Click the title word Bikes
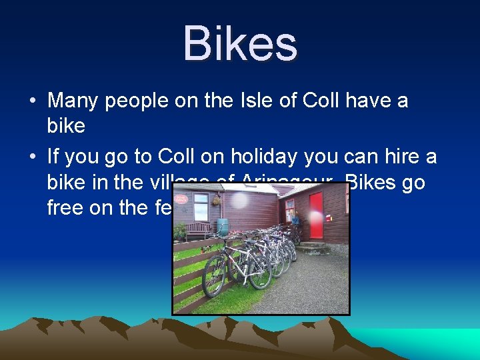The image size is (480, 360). (240, 44)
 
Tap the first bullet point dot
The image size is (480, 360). (32, 102)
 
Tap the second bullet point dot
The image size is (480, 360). (32, 157)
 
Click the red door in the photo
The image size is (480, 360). (315, 215)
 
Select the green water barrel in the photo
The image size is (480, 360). (223, 227)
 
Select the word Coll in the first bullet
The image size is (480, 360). (320, 101)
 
